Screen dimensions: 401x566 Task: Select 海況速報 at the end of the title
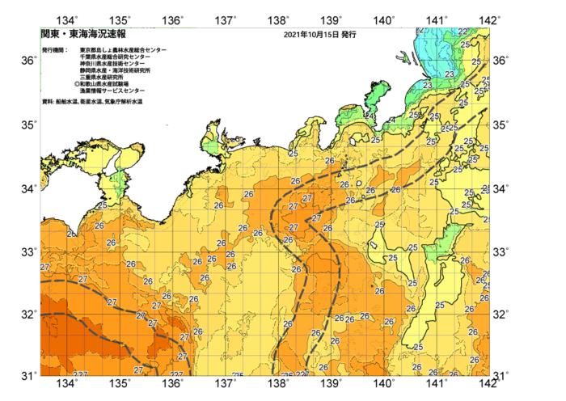click(x=108, y=36)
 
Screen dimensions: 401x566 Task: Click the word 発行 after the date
click(x=348, y=36)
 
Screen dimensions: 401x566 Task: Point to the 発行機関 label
click(x=55, y=50)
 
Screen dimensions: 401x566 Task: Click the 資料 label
click(x=48, y=102)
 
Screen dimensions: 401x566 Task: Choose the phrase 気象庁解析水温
click(x=124, y=102)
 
